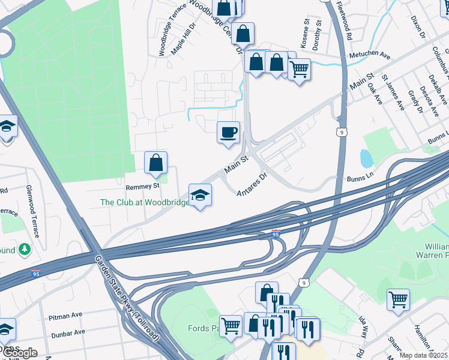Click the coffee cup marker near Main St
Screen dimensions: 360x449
(x=228, y=133)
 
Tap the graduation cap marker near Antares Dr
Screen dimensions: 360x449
(x=200, y=195)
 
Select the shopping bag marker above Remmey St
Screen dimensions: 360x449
(x=155, y=163)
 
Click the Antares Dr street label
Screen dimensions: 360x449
(x=251, y=185)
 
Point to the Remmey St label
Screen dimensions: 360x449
(x=142, y=187)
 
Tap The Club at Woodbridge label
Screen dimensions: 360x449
(x=144, y=202)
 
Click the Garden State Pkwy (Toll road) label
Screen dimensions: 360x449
(x=127, y=298)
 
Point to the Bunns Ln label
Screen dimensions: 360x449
(x=360, y=179)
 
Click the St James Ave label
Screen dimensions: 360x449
(x=393, y=92)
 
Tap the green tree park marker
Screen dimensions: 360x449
(x=24, y=248)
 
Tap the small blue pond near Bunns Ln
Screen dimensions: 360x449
(x=366, y=158)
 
